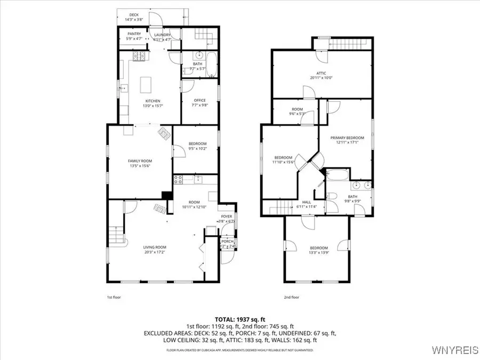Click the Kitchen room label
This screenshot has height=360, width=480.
coord(153,101)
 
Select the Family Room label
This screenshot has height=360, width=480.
coord(140,161)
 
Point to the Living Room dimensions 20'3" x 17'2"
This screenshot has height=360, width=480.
coord(155,252)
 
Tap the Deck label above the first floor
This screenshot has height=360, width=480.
coord(133,14)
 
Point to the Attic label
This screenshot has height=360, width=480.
coord(321,73)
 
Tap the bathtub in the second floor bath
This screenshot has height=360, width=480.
coord(337,174)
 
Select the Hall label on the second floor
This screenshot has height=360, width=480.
coord(306,202)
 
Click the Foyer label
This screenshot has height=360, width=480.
coord(226,216)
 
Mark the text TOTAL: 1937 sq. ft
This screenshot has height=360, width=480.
coord(239,318)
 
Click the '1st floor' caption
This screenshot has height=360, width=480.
coord(114,297)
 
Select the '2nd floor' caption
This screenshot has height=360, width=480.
coord(291,297)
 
